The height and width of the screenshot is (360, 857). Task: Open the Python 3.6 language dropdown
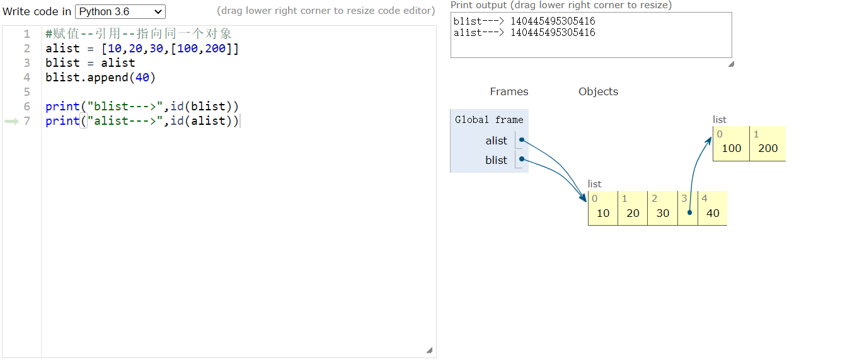click(x=120, y=11)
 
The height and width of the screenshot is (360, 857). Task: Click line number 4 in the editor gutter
click(x=26, y=78)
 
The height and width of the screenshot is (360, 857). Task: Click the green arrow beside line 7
click(x=11, y=121)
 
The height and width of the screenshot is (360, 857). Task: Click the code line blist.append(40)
click(x=100, y=78)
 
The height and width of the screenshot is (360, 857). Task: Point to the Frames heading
click(x=509, y=91)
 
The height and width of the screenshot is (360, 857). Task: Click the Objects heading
click(x=598, y=91)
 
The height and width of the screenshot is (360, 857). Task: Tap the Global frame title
click(x=489, y=120)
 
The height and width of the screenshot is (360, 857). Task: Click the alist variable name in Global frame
click(x=496, y=141)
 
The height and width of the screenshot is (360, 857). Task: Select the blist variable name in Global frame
click(x=496, y=160)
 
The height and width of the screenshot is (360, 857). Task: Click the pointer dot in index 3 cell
click(x=689, y=212)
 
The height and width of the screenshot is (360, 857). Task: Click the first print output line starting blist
click(x=524, y=21)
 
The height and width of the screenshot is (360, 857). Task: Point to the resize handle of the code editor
click(x=430, y=351)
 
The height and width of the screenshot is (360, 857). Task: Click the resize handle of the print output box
click(x=731, y=64)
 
